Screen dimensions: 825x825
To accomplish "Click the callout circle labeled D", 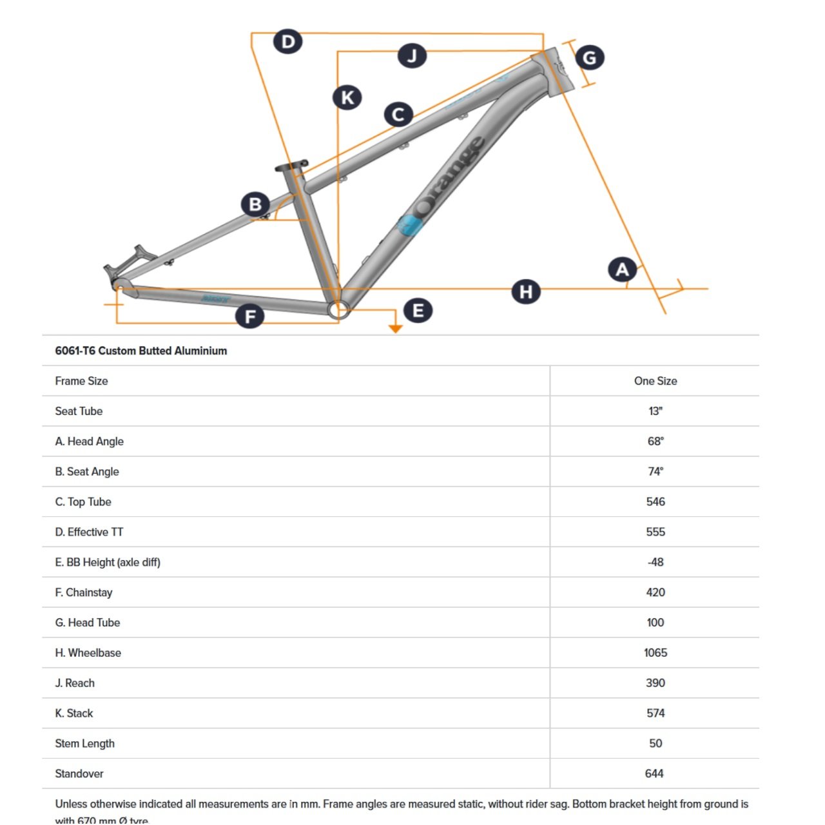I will [287, 43].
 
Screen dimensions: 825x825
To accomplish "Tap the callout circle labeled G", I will [589, 58].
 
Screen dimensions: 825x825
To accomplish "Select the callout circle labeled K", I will [347, 98].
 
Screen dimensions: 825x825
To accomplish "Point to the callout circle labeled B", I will [255, 204].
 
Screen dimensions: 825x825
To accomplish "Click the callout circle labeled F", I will [250, 316].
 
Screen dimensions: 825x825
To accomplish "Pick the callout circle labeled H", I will [526, 292].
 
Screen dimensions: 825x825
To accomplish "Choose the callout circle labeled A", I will [622, 269].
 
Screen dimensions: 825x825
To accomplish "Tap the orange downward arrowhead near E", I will [396, 329].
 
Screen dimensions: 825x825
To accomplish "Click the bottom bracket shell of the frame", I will [338, 310].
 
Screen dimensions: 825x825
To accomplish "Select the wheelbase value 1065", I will [655, 653].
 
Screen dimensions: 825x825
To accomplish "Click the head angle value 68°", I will [655, 442].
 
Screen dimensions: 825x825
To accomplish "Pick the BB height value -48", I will [655, 562].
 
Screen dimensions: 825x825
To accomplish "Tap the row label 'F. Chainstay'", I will [84, 592].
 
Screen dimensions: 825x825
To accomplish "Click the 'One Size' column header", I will [655, 381].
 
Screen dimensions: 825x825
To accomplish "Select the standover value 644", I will [654, 773].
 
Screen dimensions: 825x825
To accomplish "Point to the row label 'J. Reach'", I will [75, 683].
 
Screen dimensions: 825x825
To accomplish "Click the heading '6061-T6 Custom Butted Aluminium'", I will [141, 351].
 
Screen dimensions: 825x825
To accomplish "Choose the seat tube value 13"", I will [655, 411].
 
